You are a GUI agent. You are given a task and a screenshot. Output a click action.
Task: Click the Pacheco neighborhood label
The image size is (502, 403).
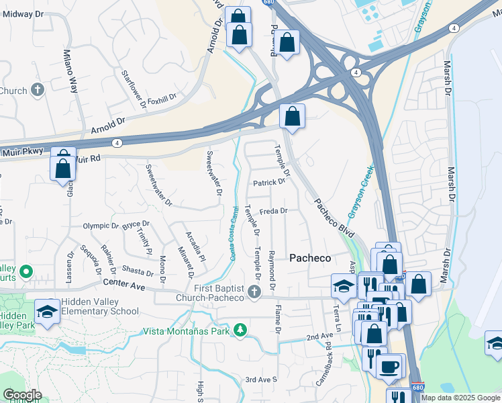(x=310, y=258)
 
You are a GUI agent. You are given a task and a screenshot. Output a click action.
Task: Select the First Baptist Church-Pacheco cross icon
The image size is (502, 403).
(x=254, y=292)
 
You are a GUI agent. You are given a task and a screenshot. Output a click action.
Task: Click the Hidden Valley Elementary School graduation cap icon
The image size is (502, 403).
(x=48, y=312)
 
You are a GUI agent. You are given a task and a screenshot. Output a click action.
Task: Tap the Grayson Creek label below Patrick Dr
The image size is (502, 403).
(x=359, y=191)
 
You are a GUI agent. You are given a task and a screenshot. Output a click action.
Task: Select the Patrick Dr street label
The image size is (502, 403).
(x=268, y=183)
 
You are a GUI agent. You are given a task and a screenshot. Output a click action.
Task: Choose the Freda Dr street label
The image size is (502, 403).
(x=274, y=211)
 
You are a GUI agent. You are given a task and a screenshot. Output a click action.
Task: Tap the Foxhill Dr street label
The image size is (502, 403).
(x=161, y=97)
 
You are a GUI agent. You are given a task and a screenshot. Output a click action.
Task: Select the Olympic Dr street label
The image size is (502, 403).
(x=100, y=226)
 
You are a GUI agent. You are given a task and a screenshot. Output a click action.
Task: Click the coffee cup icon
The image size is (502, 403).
(x=389, y=367)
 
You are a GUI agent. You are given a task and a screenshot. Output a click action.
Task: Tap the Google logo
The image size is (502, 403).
(x=23, y=395)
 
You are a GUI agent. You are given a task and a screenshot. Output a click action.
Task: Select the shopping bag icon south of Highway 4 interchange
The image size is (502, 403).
(x=293, y=116)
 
